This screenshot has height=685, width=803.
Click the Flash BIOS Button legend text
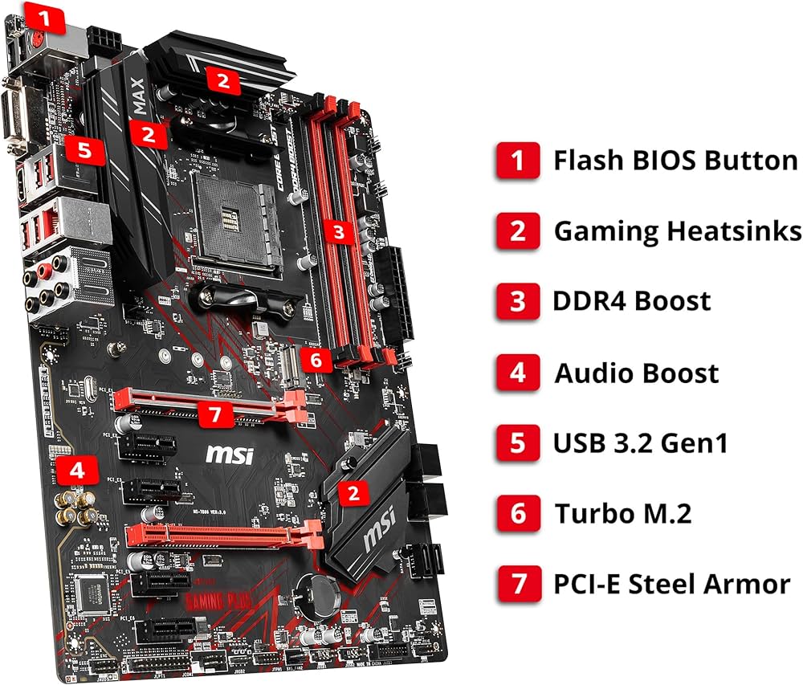(675, 160)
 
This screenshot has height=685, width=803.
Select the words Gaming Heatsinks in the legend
(678, 231)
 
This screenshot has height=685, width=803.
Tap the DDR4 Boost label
(631, 301)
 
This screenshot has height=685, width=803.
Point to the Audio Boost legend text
(636, 373)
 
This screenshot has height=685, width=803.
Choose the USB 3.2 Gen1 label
(640, 442)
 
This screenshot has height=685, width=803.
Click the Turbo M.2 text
(622, 512)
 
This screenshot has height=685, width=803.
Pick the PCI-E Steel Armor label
(671, 583)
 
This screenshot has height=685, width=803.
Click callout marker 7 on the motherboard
(213, 415)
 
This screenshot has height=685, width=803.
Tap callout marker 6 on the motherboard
(317, 360)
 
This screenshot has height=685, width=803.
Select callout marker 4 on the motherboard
(77, 471)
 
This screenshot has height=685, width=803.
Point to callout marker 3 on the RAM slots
(340, 233)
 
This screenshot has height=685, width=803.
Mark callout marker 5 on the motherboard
(85, 149)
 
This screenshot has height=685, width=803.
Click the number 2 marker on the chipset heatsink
(353, 492)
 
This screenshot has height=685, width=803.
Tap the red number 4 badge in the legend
(518, 373)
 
